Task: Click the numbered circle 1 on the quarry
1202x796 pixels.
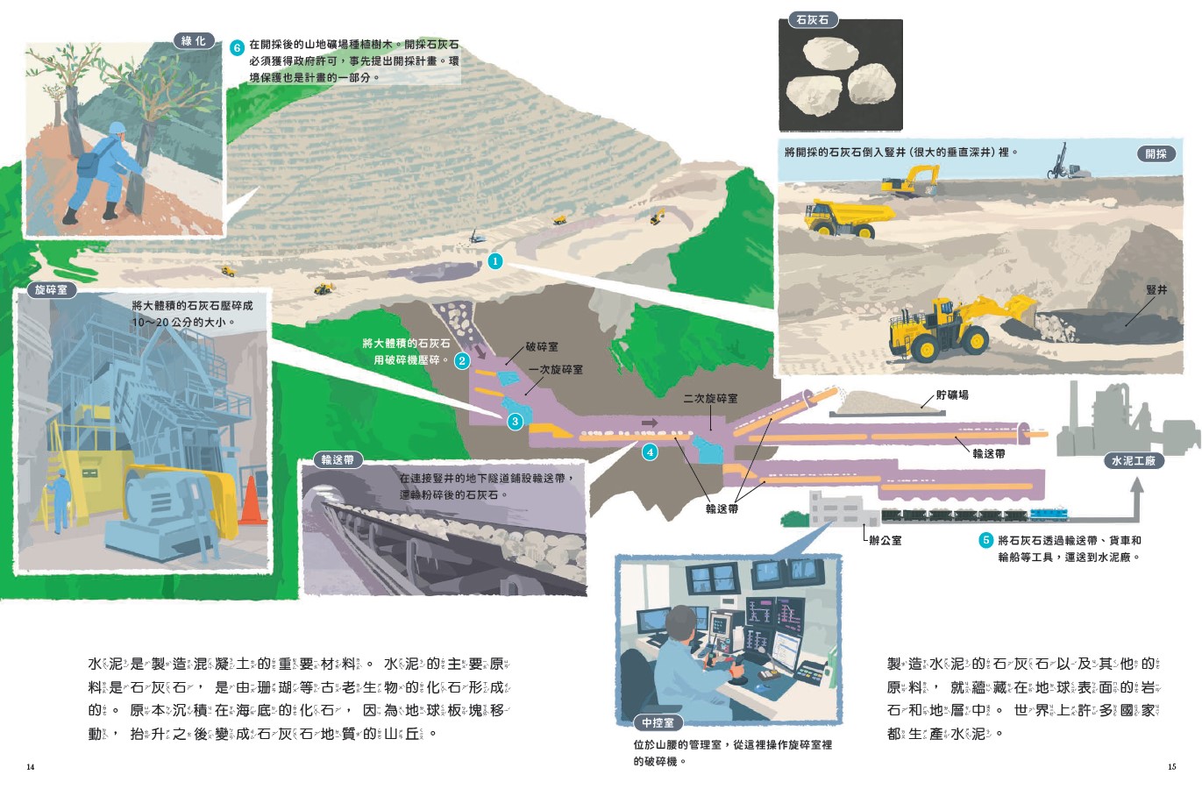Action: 495,261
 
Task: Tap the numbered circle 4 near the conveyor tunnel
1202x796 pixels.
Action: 650,452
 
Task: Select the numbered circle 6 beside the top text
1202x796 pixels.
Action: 237,47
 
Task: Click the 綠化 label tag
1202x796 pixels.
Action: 193,41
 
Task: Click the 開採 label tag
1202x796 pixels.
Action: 1156,154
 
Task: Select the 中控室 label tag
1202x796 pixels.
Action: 658,722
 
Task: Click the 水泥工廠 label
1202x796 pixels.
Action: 1134,460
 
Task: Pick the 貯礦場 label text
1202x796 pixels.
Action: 952,395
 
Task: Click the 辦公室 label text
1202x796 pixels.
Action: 885,541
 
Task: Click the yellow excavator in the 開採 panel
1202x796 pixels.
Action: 910,181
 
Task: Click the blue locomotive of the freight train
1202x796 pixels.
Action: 1049,515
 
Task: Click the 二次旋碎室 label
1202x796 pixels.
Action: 710,399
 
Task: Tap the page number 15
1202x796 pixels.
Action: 1171,767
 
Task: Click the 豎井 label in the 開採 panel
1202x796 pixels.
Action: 1156,290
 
